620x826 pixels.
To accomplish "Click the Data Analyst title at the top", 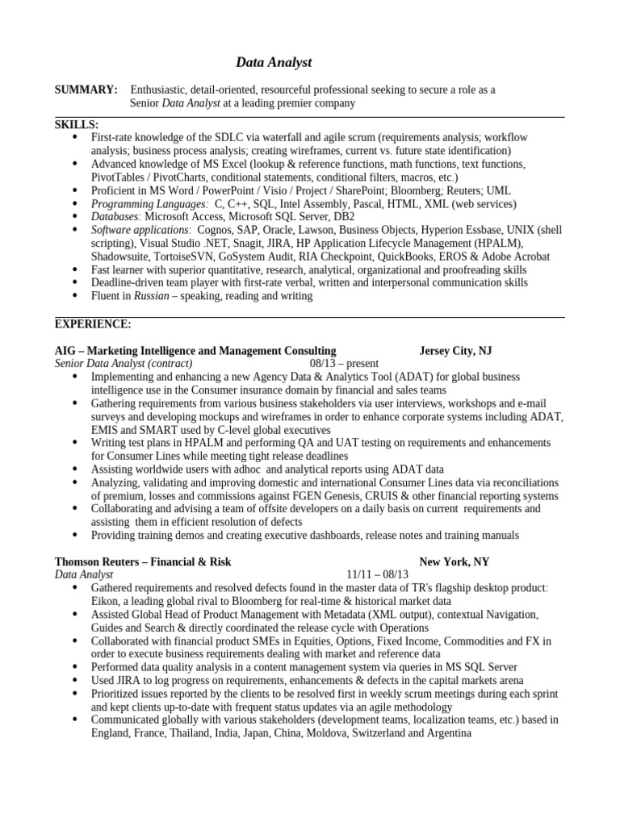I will click(x=273, y=62).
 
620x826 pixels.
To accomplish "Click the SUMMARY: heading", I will click(x=86, y=90).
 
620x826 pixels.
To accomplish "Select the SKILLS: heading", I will click(x=77, y=125).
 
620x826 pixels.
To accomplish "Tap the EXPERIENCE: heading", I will click(x=93, y=324).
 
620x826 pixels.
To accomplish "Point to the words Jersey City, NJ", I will click(x=455, y=351).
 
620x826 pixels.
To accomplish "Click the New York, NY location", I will click(x=454, y=562).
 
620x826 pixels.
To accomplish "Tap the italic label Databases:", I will click(x=116, y=217).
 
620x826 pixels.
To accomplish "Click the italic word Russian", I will click(x=151, y=296).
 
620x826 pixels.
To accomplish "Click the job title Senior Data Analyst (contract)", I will click(x=124, y=364).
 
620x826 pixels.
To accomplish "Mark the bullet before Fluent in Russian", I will click(x=76, y=296).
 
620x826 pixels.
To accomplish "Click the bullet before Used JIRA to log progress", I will click(x=76, y=680).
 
